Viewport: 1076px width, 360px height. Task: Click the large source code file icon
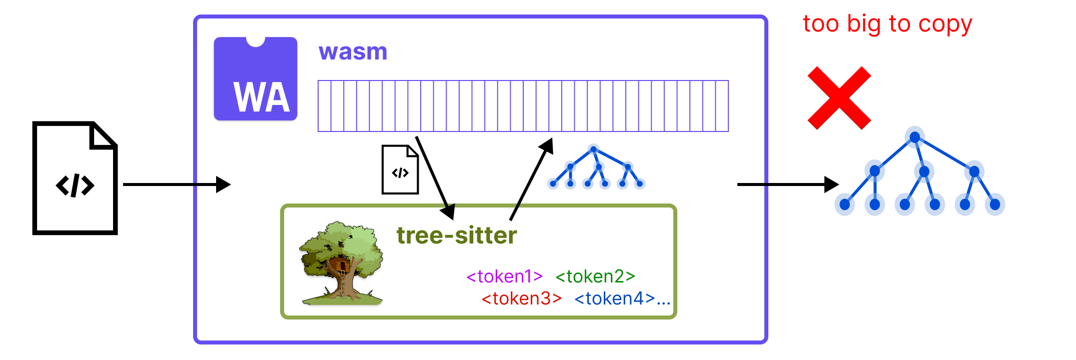[75, 178]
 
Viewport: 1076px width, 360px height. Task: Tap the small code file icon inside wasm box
[400, 170]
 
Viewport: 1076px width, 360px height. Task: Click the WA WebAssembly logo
[256, 79]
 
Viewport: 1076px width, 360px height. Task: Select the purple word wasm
[353, 52]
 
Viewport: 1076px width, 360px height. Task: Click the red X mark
[839, 98]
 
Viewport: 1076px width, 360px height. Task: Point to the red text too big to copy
[887, 24]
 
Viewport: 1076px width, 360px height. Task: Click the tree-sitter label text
[456, 235]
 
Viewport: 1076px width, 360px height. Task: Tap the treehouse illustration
[342, 263]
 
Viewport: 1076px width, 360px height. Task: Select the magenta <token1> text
[504, 276]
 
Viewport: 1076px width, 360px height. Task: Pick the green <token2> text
[595, 276]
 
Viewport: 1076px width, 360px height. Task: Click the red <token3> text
[521, 298]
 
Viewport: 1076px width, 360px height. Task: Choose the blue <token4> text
[615, 298]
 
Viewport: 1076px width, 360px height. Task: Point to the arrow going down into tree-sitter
[435, 177]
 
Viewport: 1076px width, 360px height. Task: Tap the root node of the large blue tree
[914, 137]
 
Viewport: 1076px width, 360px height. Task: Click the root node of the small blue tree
[593, 149]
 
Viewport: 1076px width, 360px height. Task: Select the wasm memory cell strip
[523, 106]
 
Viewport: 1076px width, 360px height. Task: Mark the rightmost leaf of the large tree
[994, 204]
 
